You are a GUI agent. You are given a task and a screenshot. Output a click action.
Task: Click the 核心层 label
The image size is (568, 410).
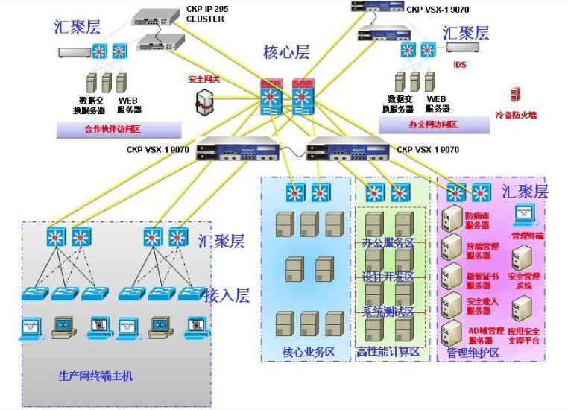[286, 52]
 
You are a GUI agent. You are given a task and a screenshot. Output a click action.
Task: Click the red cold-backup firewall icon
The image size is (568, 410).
[515, 95]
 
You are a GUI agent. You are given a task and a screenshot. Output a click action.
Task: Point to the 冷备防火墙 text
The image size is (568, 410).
[516, 116]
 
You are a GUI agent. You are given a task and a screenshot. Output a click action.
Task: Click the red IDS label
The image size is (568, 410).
[460, 65]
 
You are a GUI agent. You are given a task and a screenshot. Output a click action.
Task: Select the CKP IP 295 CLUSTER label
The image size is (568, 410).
[205, 14]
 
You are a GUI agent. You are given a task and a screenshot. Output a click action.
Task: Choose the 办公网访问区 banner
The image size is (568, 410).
[433, 124]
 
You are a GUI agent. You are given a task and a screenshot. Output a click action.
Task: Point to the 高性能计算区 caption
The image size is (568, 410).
[389, 352]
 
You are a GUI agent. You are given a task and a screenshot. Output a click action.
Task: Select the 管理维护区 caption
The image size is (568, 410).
[473, 352]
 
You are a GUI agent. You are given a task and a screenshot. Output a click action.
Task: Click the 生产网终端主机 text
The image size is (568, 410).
[95, 376]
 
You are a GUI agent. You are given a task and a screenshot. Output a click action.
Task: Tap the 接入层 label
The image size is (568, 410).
[227, 296]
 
